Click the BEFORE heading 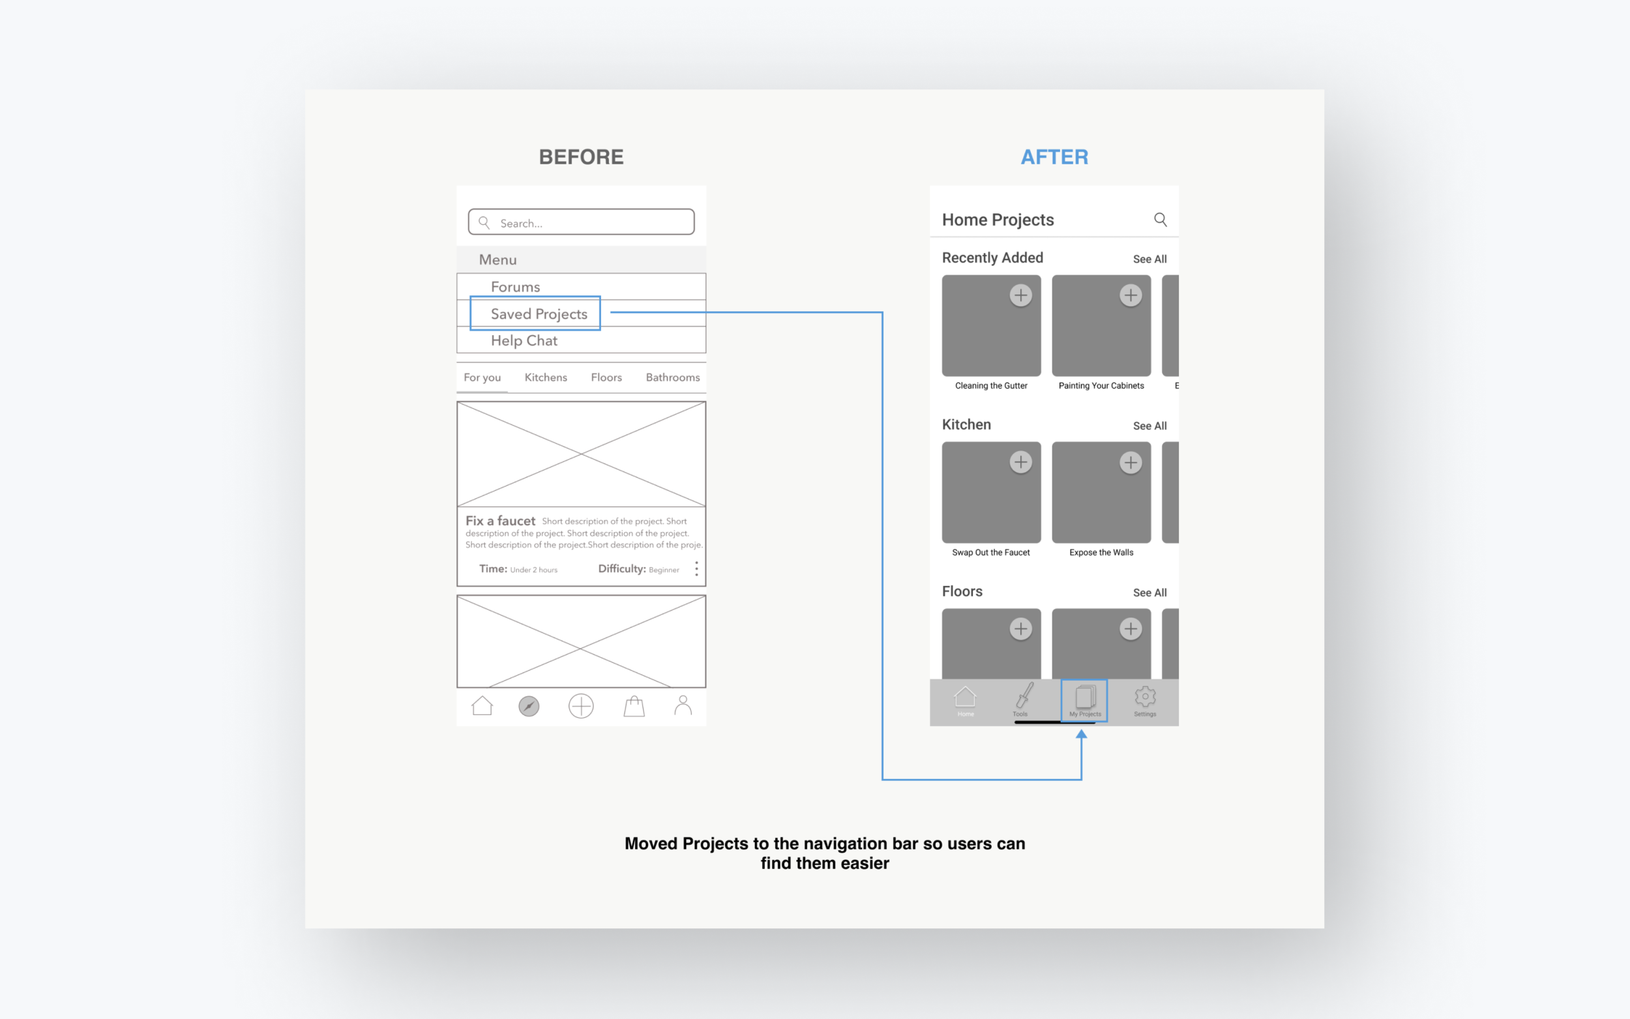coord(581,157)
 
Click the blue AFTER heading coord(1054,157)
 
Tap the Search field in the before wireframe coord(581,222)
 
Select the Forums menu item coord(515,287)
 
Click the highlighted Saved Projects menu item coord(539,314)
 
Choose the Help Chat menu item coord(524,341)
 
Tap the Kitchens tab coord(545,377)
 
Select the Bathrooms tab coord(672,377)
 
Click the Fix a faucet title coord(500,521)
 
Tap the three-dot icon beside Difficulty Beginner coord(696,569)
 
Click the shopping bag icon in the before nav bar coord(633,706)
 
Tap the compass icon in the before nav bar coord(529,706)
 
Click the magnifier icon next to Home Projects coord(1160,220)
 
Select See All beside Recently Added coord(1149,259)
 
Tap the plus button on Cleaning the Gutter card coord(1020,295)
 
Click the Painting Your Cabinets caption coord(1101,386)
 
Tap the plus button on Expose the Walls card coord(1130,462)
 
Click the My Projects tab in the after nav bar coord(1084,701)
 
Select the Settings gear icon coord(1144,698)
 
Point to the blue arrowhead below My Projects coord(1081,735)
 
